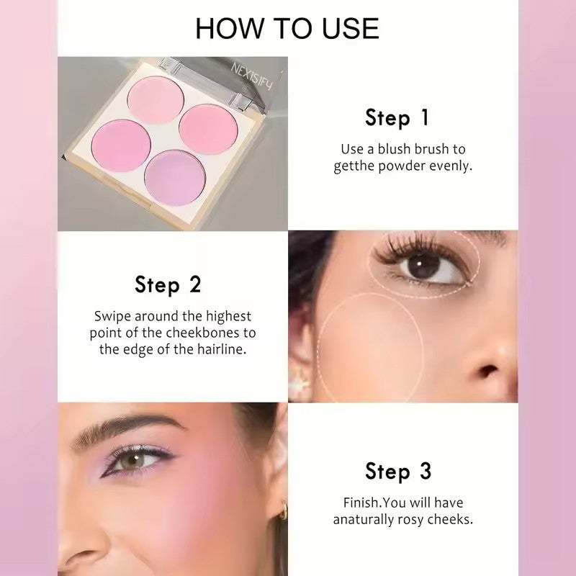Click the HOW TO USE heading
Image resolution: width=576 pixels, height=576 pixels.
click(287, 28)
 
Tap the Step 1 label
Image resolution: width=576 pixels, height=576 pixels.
click(397, 117)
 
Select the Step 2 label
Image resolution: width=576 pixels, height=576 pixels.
click(168, 284)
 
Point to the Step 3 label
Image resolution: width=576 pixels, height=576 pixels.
click(398, 472)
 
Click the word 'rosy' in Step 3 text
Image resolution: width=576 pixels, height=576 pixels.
click(418, 519)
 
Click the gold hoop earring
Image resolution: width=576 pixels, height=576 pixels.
click(282, 511)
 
